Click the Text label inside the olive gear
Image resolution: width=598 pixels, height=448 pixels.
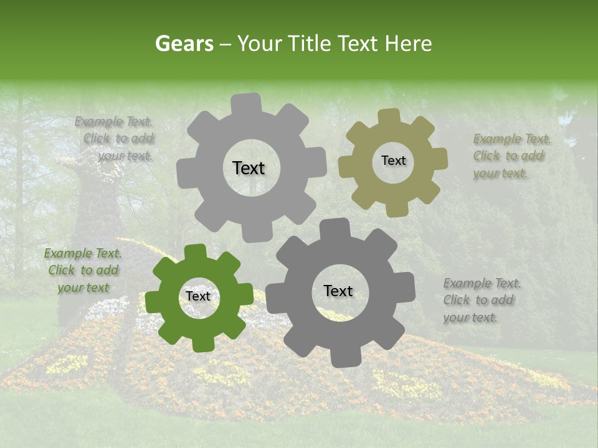coord(393,161)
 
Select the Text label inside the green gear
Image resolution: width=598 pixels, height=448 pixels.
coord(198,297)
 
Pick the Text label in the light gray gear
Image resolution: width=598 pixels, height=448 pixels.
coord(249,168)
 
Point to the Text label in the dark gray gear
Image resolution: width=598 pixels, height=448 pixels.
coord(338,291)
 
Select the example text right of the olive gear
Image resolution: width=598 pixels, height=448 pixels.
coord(511,156)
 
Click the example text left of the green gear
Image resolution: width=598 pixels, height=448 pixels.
coord(83,270)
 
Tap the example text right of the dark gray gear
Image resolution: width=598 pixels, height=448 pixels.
coord(481,300)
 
